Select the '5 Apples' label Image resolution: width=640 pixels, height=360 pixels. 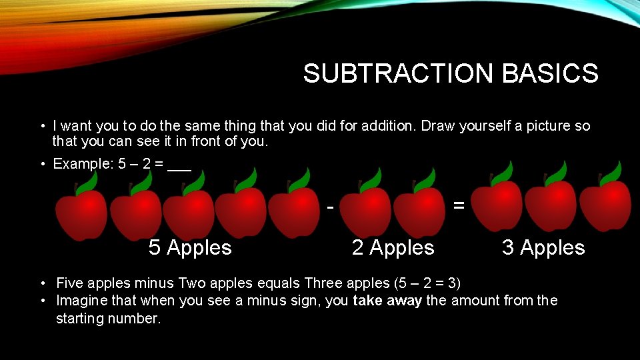point(190,248)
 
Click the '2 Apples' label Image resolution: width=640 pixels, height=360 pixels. point(393,248)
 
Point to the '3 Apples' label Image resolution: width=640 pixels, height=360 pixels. point(543,248)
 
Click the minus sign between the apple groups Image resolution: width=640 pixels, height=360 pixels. point(331,207)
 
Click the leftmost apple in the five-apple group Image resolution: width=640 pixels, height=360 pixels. point(80,213)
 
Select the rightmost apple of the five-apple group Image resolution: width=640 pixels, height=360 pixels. point(294,210)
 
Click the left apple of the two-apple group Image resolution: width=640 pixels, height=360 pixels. point(365,210)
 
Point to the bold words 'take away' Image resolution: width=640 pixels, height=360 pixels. point(387,301)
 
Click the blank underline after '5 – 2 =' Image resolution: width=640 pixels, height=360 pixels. point(179,167)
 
